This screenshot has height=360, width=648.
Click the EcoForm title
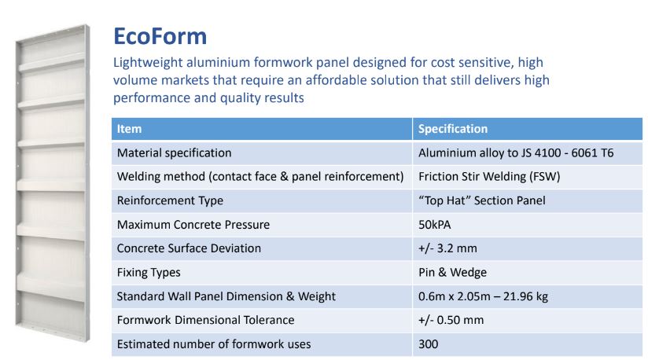160,37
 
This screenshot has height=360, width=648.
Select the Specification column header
453,129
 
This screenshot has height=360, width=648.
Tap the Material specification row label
174,153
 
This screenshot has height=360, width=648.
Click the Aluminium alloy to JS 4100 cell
515,153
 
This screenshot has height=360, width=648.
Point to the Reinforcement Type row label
170,200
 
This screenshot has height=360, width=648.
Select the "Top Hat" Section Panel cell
481,200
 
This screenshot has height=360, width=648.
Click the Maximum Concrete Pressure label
193,225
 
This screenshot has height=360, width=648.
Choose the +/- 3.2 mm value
447,248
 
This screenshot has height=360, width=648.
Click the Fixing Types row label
149,273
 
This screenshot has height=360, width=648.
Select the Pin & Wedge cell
452,273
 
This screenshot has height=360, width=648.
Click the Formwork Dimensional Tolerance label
205,320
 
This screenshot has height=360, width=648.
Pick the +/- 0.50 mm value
451,320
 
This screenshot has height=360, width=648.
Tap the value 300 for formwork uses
429,344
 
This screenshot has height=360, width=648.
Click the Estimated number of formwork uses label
213,344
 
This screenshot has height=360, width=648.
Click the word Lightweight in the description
149,62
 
